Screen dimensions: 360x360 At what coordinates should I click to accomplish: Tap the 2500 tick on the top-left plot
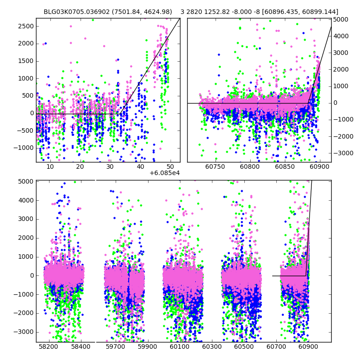tap(26, 26)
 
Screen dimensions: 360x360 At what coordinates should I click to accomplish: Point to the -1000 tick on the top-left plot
tap(25, 148)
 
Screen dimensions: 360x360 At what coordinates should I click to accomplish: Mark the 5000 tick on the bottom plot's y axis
tap(27, 182)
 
